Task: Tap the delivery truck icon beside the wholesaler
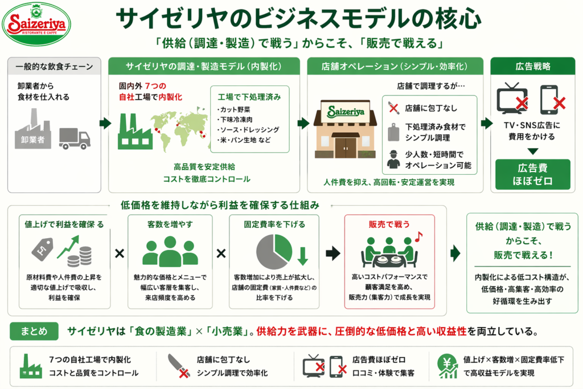75,138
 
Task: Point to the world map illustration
181,126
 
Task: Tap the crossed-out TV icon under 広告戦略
512,100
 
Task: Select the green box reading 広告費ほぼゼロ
532,175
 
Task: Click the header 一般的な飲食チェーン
55,66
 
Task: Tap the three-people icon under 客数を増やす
170,250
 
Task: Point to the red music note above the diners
419,236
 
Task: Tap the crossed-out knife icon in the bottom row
179,365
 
